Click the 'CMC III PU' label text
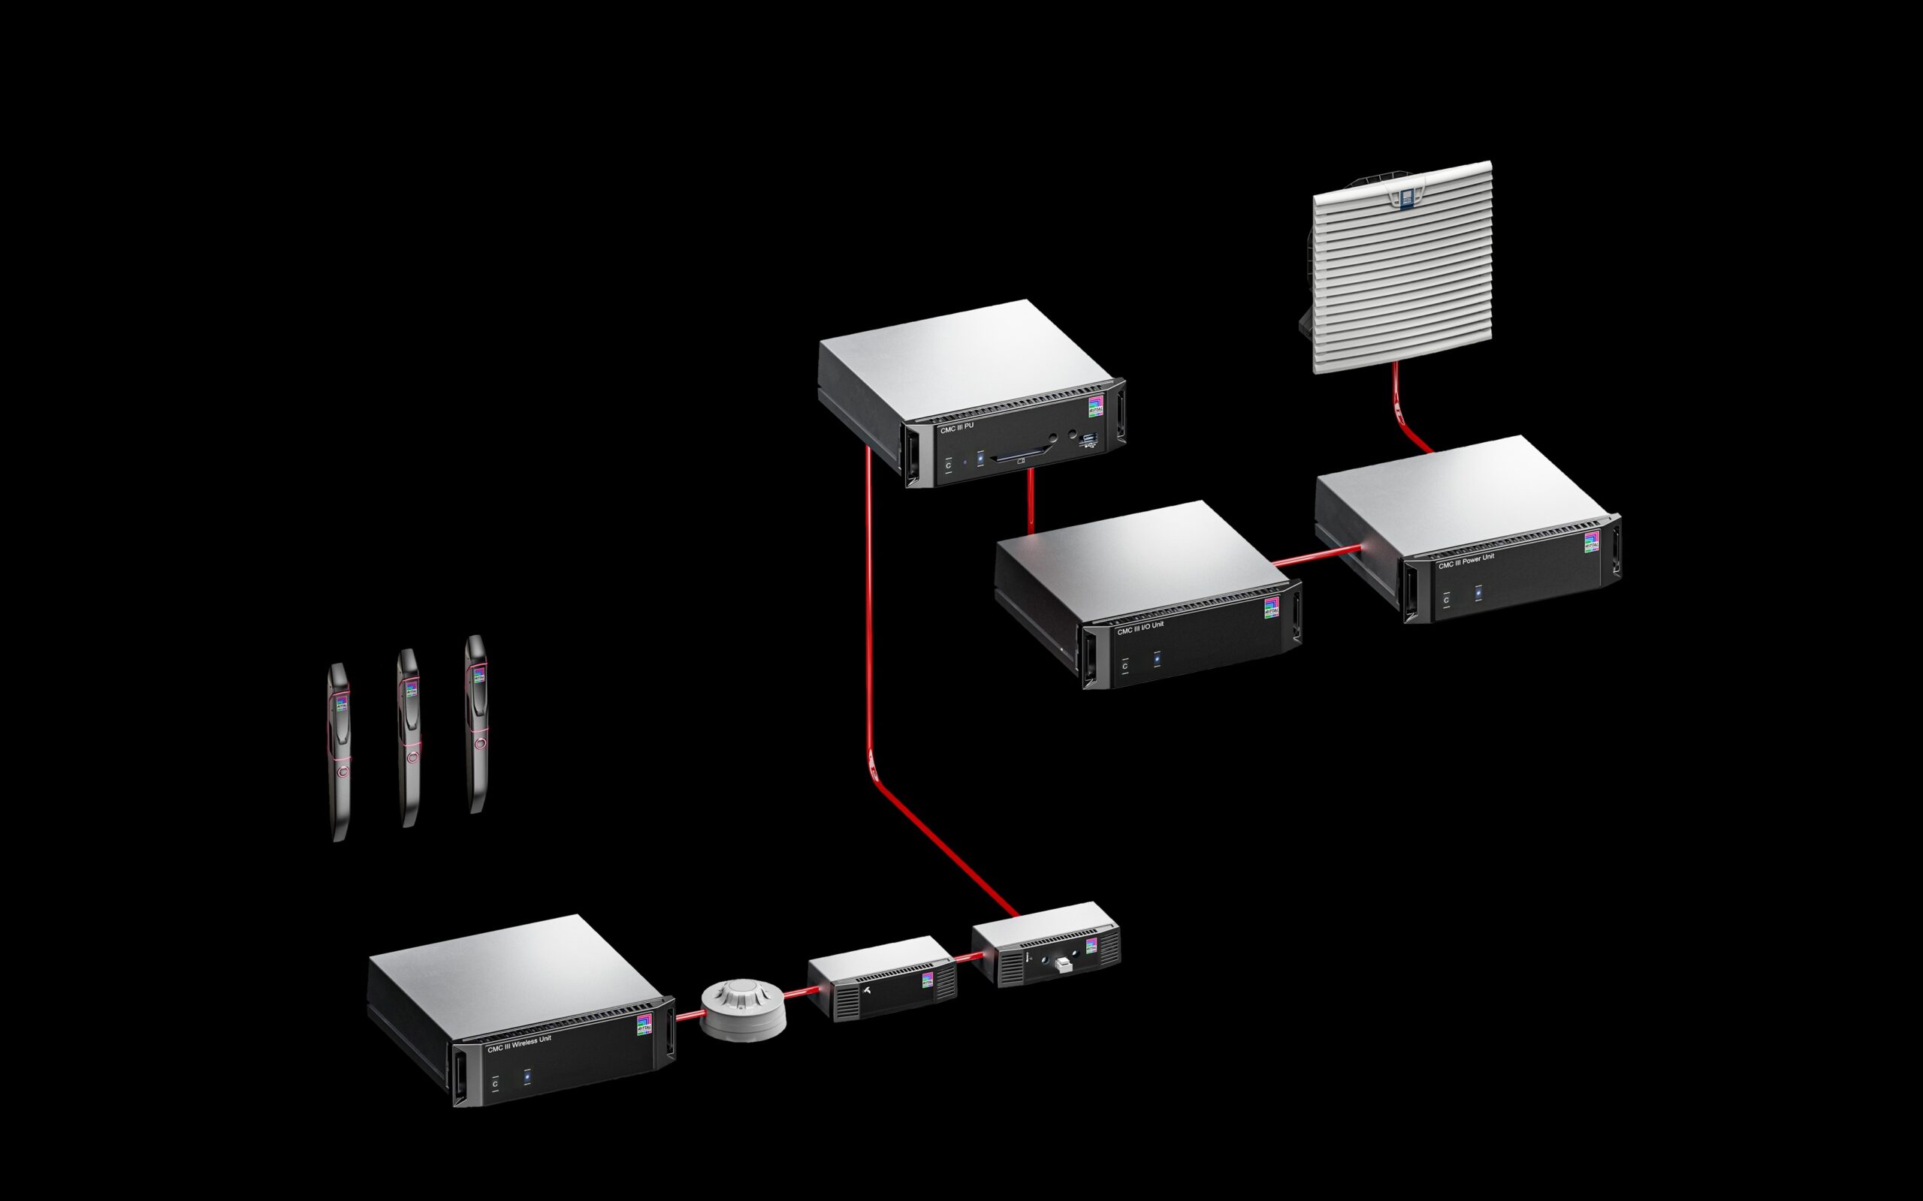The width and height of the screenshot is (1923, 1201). point(957,427)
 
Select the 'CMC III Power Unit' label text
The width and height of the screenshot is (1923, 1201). point(1466,561)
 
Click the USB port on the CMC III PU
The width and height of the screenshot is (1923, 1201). point(1089,440)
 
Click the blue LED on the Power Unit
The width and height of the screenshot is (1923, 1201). point(1478,592)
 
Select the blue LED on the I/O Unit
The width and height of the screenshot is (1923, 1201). point(1156,658)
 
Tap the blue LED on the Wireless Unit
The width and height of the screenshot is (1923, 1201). point(526,1077)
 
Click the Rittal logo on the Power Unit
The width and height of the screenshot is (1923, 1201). point(1591,542)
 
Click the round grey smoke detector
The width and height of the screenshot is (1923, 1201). point(743,1010)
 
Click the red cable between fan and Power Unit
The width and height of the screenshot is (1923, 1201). point(1401,413)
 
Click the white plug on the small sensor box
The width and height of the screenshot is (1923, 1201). point(1062,965)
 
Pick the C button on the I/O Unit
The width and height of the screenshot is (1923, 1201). point(1125,665)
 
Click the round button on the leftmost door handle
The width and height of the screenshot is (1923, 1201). point(343,770)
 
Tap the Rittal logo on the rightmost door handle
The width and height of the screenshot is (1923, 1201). point(478,676)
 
